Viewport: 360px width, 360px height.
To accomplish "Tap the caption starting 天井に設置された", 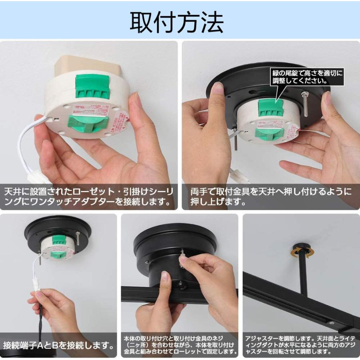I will point(89,196).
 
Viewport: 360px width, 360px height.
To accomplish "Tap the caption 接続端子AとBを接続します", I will point(59,344).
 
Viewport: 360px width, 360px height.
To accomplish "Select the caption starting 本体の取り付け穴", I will point(180,344).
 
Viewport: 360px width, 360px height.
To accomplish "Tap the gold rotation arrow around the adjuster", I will point(303,252).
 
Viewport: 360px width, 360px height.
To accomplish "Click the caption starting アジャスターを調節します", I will point(301,344).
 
